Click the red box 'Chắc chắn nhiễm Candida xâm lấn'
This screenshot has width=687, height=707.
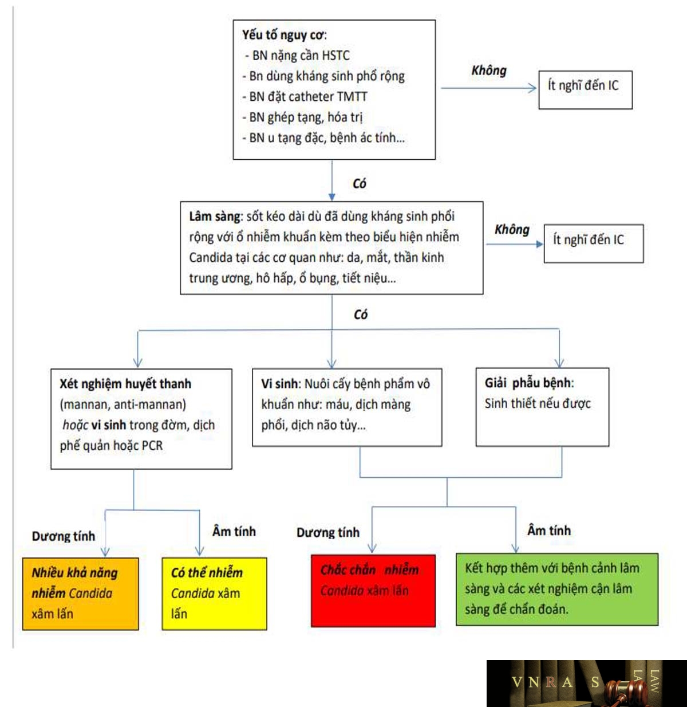tap(373, 590)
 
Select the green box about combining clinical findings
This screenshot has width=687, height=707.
tap(557, 589)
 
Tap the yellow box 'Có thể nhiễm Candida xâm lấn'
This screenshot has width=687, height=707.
tap(214, 594)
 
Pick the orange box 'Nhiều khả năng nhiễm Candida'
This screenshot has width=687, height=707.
tap(80, 594)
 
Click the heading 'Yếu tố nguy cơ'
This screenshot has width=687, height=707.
tap(283, 36)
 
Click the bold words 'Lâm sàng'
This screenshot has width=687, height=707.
tap(214, 217)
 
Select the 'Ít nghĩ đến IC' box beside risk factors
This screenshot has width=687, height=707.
tap(585, 90)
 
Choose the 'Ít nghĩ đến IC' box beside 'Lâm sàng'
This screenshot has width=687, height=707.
tap(594, 243)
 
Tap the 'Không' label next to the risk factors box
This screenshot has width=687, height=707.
tap(489, 70)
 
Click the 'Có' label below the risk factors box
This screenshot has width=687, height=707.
tap(360, 183)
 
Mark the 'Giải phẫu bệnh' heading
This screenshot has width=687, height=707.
tap(528, 383)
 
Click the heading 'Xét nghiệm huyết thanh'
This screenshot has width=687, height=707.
tap(125, 384)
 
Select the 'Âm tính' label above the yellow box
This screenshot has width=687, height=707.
tap(234, 532)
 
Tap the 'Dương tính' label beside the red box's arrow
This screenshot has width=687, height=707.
tap(328, 533)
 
